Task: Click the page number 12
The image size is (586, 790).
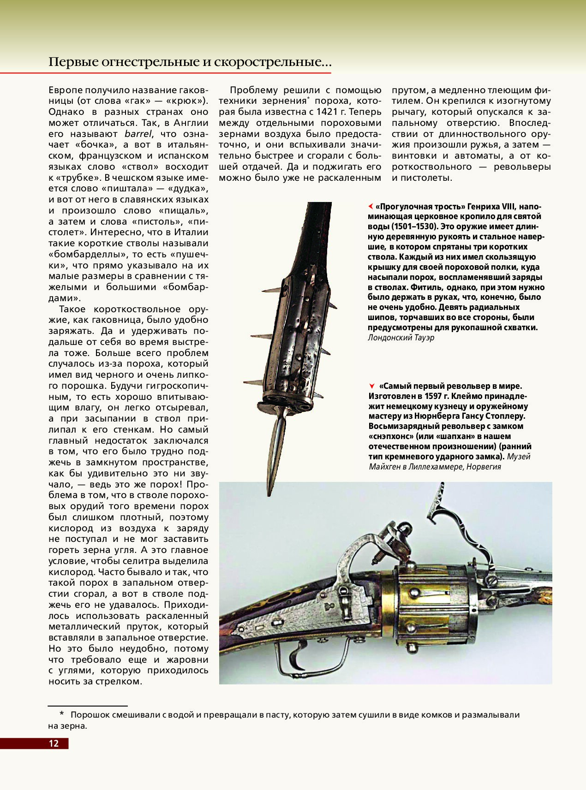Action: [54, 743]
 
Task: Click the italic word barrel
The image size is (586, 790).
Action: [138, 134]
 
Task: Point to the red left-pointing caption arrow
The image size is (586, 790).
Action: [371, 206]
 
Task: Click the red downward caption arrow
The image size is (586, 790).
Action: [371, 386]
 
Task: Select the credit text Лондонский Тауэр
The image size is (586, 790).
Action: [401, 338]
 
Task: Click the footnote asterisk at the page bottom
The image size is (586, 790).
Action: [61, 714]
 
